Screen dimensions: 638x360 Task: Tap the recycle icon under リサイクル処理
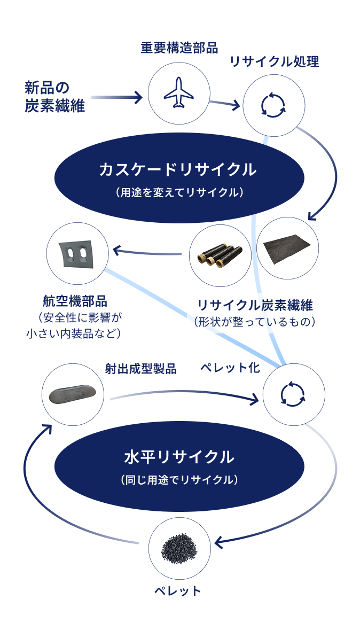[x=273, y=105]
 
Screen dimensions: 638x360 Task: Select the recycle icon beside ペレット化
[x=293, y=394]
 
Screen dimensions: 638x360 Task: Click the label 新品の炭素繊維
[x=54, y=96]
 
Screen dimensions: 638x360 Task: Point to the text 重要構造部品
[x=179, y=48]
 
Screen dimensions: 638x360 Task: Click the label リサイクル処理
[x=274, y=61]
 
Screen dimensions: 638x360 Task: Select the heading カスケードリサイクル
[x=178, y=170]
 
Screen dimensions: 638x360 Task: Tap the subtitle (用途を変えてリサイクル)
[x=178, y=192]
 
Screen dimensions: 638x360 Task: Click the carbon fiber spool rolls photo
[x=220, y=255]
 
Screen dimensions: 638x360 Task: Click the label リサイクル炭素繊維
[x=255, y=305]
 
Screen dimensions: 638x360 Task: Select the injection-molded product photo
[x=73, y=394]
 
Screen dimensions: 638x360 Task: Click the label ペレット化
[x=230, y=369]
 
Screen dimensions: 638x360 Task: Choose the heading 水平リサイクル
[x=178, y=457]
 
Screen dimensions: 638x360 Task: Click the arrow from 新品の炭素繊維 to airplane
[x=116, y=97]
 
